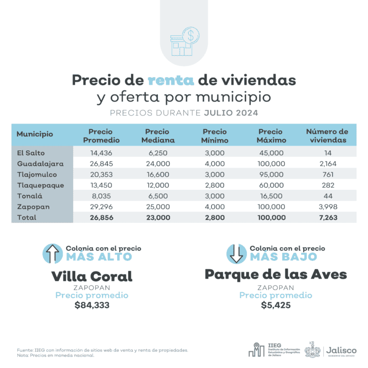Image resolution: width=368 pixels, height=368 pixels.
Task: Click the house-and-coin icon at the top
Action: pyautogui.click(x=184, y=42)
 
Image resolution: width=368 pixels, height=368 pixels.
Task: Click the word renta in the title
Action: pyautogui.click(x=171, y=80)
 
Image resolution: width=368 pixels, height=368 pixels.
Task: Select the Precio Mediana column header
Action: pyautogui.click(x=157, y=136)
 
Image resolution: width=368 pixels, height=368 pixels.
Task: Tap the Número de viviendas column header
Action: pyautogui.click(x=327, y=136)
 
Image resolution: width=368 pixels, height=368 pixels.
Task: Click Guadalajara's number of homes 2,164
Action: pyautogui.click(x=327, y=163)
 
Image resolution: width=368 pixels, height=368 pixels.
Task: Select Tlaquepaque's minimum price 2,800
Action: pyautogui.click(x=214, y=185)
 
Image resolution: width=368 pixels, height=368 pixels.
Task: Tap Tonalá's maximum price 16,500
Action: pyautogui.click(x=272, y=196)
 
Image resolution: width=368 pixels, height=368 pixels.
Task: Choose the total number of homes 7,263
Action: pyautogui.click(x=327, y=217)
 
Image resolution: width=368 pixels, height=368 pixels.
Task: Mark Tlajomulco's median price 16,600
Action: pyautogui.click(x=157, y=174)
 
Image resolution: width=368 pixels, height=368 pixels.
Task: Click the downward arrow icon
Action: pyautogui.click(x=237, y=253)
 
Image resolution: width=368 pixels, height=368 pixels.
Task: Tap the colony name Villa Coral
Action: pyautogui.click(x=92, y=276)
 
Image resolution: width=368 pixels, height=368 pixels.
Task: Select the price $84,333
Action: pyautogui.click(x=92, y=304)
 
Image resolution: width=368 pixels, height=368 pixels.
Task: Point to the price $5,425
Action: pyautogui.click(x=275, y=304)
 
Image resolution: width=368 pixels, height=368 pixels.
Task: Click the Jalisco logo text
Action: pyautogui.click(x=341, y=350)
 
